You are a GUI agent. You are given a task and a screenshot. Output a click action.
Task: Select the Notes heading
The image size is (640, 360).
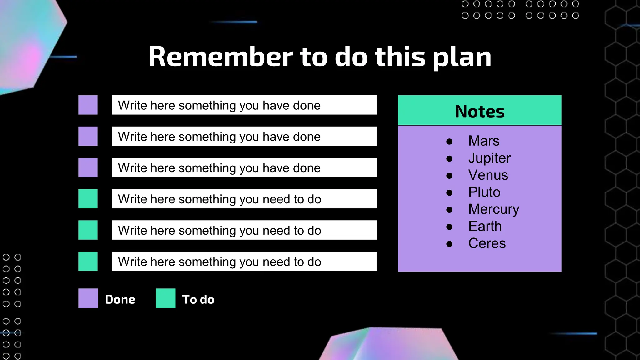(x=480, y=111)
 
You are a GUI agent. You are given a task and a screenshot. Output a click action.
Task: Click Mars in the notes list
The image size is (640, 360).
(x=484, y=141)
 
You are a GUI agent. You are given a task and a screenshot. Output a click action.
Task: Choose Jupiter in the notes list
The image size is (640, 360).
(x=489, y=158)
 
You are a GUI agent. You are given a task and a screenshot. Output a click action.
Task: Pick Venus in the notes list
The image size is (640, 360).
(x=488, y=175)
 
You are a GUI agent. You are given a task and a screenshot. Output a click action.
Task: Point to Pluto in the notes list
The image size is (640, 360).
(x=484, y=192)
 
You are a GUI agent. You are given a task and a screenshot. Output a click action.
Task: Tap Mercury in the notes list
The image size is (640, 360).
(x=494, y=209)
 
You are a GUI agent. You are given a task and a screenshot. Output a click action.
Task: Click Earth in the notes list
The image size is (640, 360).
(x=485, y=226)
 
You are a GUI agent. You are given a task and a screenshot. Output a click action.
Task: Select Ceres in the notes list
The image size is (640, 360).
(x=487, y=243)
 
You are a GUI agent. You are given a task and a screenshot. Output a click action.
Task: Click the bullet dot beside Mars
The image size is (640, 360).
(x=449, y=142)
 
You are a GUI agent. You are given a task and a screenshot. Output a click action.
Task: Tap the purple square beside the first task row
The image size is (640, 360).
(x=88, y=105)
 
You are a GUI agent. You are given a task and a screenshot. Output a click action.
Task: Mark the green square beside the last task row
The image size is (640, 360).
(x=88, y=261)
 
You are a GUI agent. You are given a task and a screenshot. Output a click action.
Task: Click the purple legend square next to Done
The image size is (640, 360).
(x=88, y=298)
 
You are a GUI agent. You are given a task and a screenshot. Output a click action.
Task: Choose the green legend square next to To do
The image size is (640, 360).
(x=165, y=298)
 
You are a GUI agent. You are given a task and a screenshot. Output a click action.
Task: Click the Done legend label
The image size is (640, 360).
(x=120, y=299)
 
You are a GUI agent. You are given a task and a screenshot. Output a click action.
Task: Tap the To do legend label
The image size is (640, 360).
(x=198, y=299)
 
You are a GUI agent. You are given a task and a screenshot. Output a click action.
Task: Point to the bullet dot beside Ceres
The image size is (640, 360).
(x=449, y=244)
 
